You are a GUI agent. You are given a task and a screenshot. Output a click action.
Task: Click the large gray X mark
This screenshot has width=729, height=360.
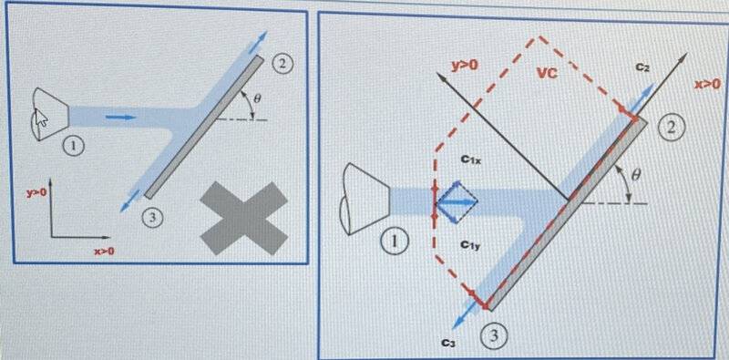pos(244,218)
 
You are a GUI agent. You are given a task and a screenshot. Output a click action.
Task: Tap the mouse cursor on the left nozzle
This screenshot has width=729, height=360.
pos(42,118)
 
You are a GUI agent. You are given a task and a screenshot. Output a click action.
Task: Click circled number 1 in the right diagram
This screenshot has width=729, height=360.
pos(395,242)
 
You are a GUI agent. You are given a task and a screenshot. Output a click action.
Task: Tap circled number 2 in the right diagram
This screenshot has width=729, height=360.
pos(670,129)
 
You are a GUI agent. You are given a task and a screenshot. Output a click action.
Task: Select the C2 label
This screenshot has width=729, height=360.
pos(643,68)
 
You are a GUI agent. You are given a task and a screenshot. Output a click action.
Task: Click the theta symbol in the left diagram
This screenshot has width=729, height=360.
pos(259,98)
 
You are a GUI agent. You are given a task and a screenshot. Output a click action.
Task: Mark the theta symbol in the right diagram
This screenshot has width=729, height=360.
pos(636,175)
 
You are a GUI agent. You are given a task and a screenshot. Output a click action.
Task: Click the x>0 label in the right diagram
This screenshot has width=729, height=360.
pos(707,84)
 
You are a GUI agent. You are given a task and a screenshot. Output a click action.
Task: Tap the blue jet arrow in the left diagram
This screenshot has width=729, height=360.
pos(121,117)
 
